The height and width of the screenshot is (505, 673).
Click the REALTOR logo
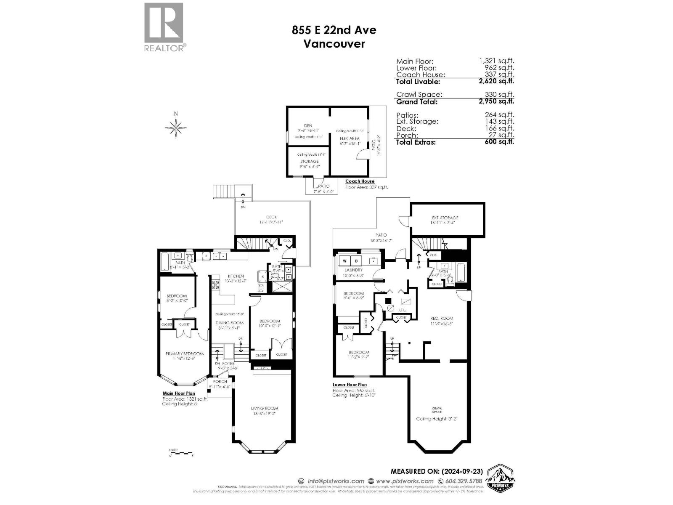click(164, 27)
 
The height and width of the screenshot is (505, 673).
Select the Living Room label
click(265, 408)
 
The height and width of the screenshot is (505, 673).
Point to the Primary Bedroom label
click(184, 354)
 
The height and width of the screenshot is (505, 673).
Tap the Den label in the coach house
click(308, 125)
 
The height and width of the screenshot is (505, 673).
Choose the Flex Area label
click(350, 138)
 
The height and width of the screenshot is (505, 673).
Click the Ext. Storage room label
click(445, 218)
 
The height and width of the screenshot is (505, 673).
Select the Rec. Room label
click(442, 319)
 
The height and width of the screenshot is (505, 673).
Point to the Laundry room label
click(353, 270)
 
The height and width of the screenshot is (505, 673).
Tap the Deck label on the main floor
click(271, 217)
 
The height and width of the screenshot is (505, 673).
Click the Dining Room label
click(230, 323)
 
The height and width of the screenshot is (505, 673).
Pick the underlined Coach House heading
click(360, 181)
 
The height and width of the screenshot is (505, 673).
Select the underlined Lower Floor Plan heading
click(350, 385)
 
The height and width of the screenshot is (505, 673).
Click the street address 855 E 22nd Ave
click(334, 30)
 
